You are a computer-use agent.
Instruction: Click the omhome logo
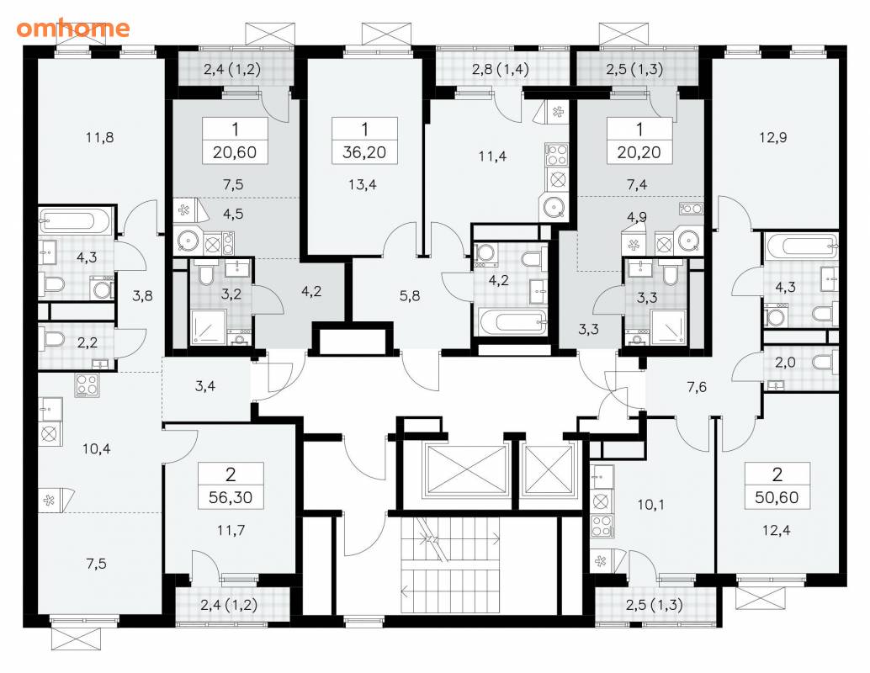click(72, 28)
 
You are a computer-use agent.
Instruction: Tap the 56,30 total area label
click(231, 497)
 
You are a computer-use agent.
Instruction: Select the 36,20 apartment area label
click(364, 152)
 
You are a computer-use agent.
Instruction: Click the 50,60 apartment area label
click(777, 497)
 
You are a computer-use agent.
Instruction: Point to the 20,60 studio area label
click(235, 152)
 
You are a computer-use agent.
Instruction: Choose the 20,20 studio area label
click(639, 152)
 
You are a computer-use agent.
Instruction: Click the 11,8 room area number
click(100, 137)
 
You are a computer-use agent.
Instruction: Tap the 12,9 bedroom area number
click(773, 137)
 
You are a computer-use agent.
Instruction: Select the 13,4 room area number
click(363, 184)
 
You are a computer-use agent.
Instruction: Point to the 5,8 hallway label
click(410, 296)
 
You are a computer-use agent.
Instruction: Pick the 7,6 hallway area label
click(697, 387)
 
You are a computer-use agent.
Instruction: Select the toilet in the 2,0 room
click(825, 363)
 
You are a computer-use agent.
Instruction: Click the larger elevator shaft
click(466, 470)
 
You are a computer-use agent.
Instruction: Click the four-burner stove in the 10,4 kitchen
click(88, 385)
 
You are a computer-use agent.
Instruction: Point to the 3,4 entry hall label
click(205, 386)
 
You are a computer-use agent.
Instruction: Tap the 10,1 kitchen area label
click(650, 505)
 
